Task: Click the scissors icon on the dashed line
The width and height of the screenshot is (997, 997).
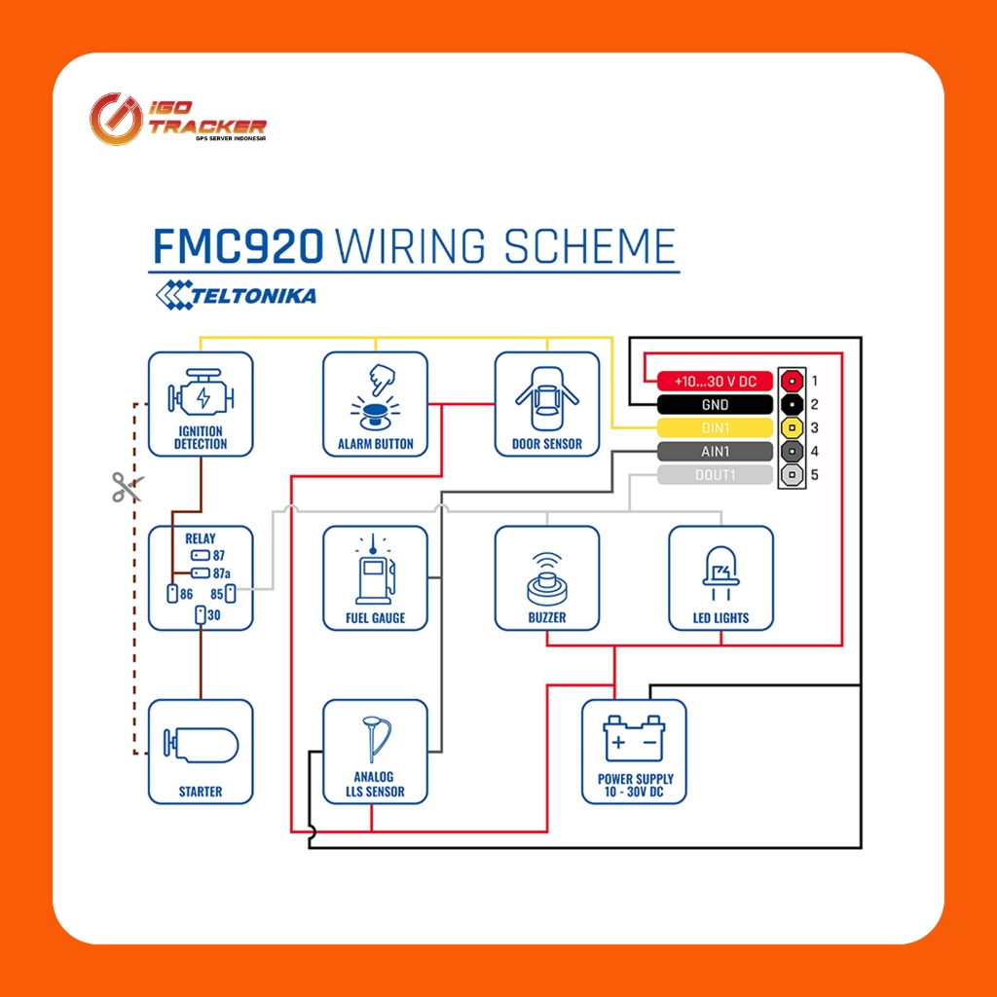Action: pyautogui.click(x=128, y=487)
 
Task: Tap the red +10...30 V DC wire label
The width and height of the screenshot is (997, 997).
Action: pyautogui.click(x=715, y=381)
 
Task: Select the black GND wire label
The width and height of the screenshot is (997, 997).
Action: pyautogui.click(x=715, y=404)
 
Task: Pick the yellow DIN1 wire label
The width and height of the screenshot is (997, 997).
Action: pyautogui.click(x=715, y=428)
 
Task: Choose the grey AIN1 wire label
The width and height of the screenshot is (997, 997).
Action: pyautogui.click(x=715, y=452)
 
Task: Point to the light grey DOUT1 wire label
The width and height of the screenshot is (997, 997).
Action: pyautogui.click(x=715, y=475)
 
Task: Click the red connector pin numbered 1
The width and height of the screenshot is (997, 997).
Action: pyautogui.click(x=792, y=381)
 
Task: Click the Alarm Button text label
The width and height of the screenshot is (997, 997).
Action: pyautogui.click(x=375, y=444)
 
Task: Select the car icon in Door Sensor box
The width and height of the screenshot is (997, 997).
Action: pyautogui.click(x=547, y=398)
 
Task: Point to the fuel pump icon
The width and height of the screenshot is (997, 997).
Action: pyautogui.click(x=375, y=569)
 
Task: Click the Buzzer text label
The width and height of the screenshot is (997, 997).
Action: pyautogui.click(x=547, y=617)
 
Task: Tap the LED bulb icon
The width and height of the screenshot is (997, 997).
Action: pyautogui.click(x=721, y=572)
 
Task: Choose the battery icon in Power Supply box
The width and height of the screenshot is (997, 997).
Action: pyautogui.click(x=634, y=738)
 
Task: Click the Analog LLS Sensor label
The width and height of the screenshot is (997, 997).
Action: pyautogui.click(x=375, y=784)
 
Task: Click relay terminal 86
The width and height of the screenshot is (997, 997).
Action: pyautogui.click(x=172, y=593)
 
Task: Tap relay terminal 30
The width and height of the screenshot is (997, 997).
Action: pyautogui.click(x=201, y=615)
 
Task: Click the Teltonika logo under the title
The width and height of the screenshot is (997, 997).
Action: pyautogui.click(x=236, y=295)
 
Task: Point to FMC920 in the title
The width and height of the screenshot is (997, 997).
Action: pyautogui.click(x=239, y=246)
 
